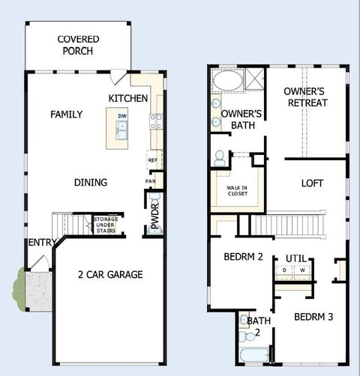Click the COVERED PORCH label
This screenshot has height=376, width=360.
pos(79,45)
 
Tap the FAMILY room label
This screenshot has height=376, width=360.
pos(66,115)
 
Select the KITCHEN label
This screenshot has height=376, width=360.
pos(127,99)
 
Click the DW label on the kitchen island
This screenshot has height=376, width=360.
pos(121,115)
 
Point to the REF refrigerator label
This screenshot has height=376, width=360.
pos(152,160)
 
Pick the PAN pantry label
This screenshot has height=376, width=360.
pos(151,181)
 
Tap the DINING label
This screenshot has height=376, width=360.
pos(90,182)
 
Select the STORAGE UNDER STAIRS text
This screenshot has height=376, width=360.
pos(105,223)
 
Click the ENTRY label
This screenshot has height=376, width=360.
pos(42,243)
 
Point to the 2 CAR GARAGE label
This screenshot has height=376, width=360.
pos(109,274)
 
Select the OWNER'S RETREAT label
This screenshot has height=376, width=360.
pos(306,97)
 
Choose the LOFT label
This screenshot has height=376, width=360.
pos(313,183)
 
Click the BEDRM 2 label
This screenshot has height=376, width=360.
pos(243,257)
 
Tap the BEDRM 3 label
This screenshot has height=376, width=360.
pos(313,316)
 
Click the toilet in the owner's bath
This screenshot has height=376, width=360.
pos(220,158)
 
